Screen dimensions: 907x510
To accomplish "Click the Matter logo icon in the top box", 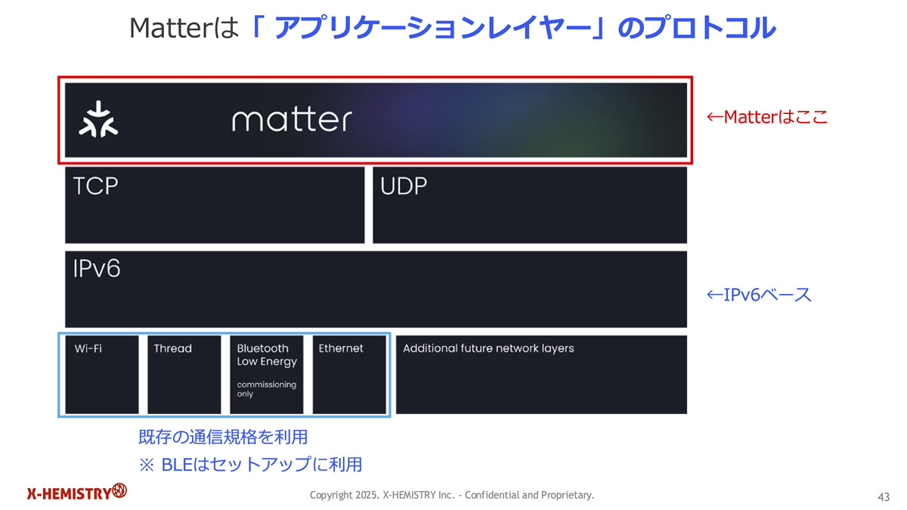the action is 98,119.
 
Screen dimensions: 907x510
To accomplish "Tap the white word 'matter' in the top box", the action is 292,120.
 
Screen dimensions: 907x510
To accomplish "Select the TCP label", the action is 95,186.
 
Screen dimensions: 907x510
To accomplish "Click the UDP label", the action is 404,186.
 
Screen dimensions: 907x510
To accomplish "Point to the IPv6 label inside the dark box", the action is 97,268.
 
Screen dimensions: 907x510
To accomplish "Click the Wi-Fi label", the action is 88,348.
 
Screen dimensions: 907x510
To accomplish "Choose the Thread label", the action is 173,348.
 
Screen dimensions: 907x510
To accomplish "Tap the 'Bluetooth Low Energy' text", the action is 267,355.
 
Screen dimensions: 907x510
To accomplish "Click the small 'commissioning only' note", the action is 266,389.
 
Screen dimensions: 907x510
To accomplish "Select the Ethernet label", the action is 341,348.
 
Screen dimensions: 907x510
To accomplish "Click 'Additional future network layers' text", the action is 488,348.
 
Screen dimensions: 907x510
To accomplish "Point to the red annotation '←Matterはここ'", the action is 767,117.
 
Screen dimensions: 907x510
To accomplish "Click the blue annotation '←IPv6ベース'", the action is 759,295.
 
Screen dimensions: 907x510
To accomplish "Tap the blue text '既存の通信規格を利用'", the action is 223,437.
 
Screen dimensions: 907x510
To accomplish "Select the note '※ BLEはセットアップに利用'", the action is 250,464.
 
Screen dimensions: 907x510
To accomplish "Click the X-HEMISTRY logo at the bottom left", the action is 77,492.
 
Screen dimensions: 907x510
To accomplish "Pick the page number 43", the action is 884,496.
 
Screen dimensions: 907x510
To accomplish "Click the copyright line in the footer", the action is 452,495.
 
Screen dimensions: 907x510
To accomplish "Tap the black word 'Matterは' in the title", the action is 184,29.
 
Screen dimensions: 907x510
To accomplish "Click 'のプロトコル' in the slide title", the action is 696,27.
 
